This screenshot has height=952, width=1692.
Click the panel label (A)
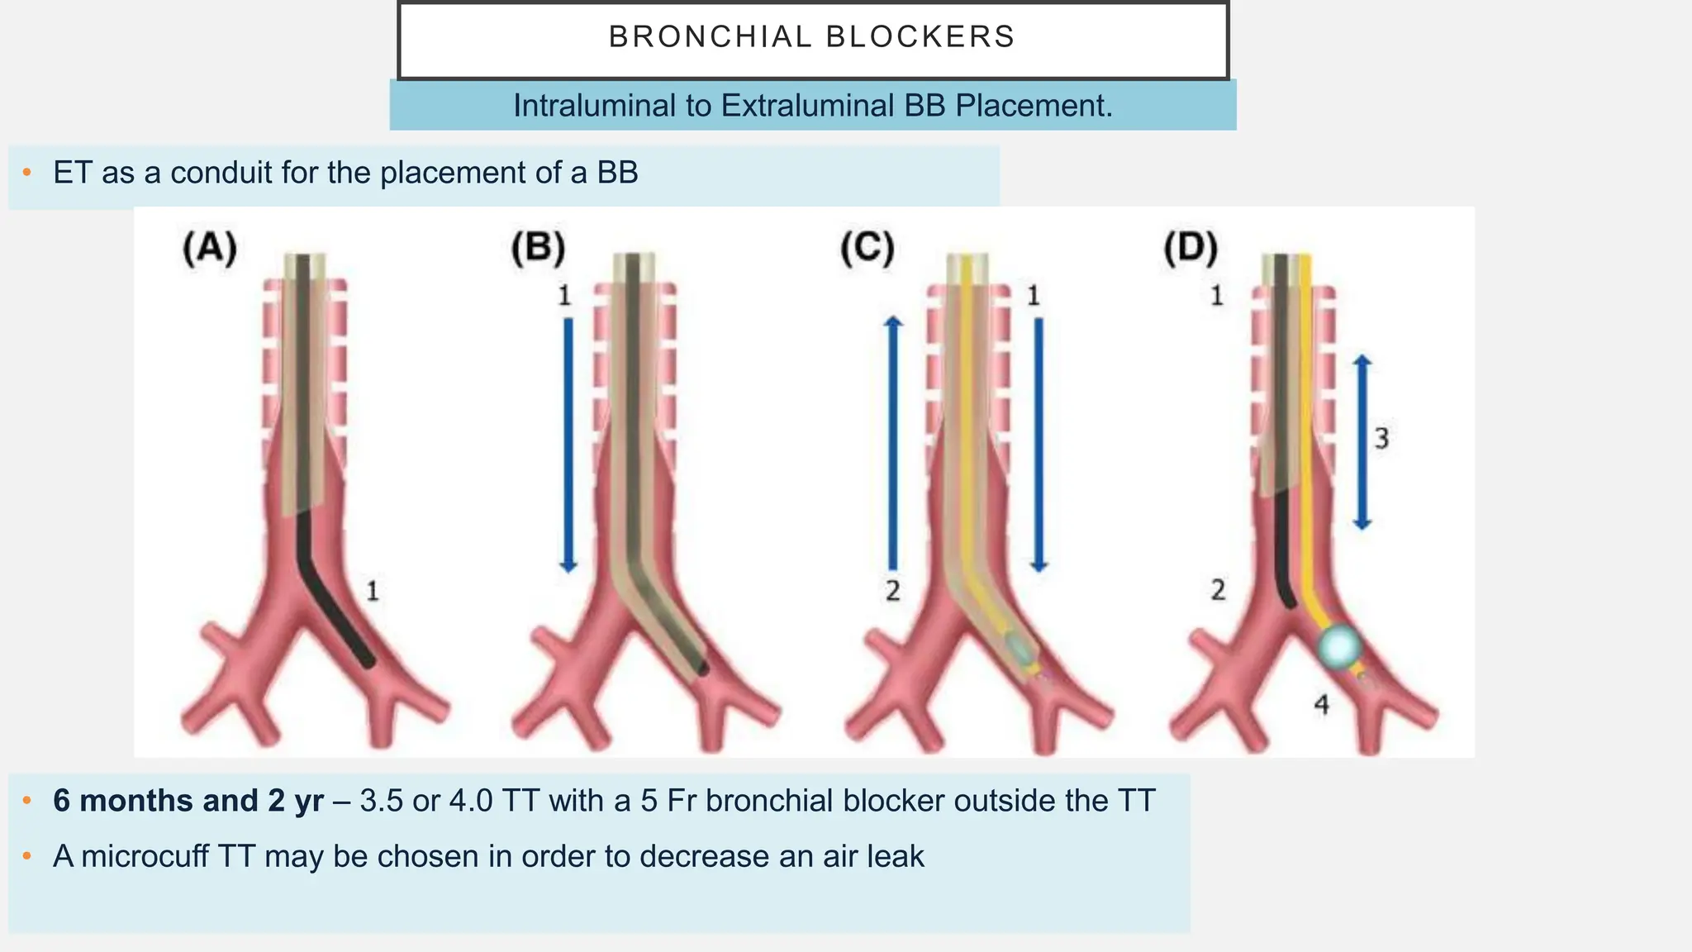pos(210,249)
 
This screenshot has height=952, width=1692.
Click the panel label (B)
pos(538,249)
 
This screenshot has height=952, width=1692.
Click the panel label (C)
pos(867,249)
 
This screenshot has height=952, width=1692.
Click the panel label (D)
pos(1191,249)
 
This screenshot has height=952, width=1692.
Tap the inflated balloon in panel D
pos(1338,646)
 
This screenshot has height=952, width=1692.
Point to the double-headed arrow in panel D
pos(1362,442)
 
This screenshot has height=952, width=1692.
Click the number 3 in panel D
pos(1381,438)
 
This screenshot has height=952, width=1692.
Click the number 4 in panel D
pos(1322,705)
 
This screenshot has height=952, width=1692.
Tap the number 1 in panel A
pos(373,591)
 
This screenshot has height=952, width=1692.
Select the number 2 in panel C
pos(892,591)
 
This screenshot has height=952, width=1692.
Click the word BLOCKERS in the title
pos(920,37)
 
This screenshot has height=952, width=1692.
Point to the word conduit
pos(222,173)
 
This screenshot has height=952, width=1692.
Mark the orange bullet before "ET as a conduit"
pos(27,173)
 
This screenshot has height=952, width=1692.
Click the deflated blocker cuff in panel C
pos(1019,649)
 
